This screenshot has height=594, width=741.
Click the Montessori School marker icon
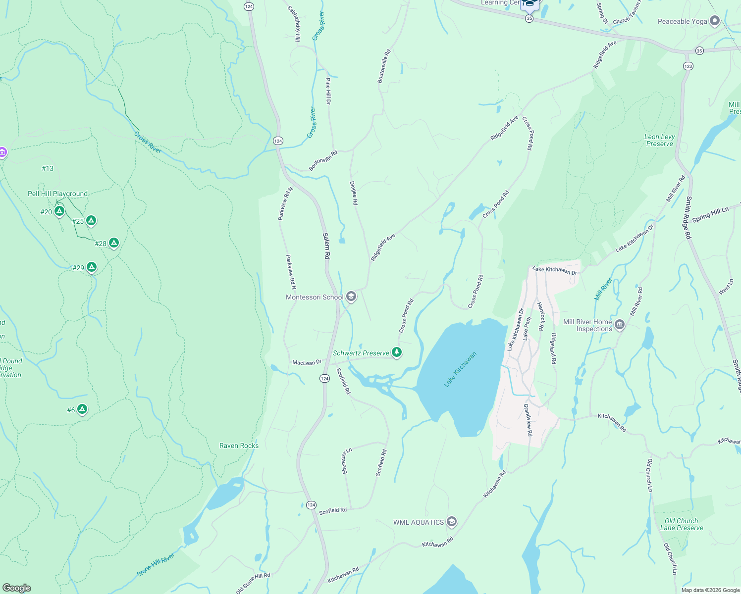pos(351,297)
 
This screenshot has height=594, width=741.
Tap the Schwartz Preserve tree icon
pos(396,352)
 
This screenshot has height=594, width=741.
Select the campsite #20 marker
pos(59,211)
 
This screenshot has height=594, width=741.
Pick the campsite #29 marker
pos(91,267)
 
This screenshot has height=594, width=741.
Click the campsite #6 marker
pos(82,409)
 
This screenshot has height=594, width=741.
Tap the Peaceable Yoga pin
pos(714,21)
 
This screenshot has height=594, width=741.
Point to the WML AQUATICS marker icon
pos(451,522)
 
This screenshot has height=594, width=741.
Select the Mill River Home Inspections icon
pos(620,325)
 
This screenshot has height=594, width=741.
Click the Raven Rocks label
pos(239,445)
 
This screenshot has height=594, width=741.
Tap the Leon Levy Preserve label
pos(659,140)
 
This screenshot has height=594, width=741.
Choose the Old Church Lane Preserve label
pos(682,524)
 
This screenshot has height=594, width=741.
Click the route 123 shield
pos(688,66)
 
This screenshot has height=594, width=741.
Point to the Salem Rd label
pos(326,246)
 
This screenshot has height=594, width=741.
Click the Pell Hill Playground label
pos(57,194)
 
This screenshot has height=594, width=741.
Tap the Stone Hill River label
pos(156,564)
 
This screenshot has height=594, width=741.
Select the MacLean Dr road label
pos(307,362)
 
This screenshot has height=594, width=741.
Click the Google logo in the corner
pos(16,588)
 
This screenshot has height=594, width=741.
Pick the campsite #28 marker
pos(113,243)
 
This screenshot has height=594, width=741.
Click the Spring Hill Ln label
pos(710,214)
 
